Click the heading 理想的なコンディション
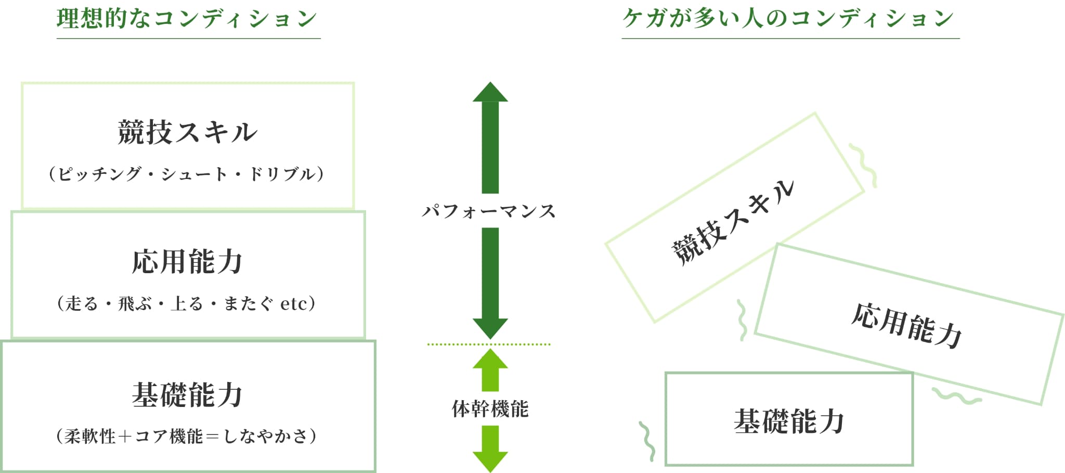187,19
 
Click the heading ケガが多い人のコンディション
788,19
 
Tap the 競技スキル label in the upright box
187,132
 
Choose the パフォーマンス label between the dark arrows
489,211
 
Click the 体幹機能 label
490,409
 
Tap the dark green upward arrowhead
490,93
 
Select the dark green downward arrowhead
490,328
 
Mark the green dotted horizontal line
489,344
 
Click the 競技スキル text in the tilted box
733,223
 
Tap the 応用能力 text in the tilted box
906,325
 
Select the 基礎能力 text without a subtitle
789,421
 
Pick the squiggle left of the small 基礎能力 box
647,441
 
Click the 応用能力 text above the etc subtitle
187,262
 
